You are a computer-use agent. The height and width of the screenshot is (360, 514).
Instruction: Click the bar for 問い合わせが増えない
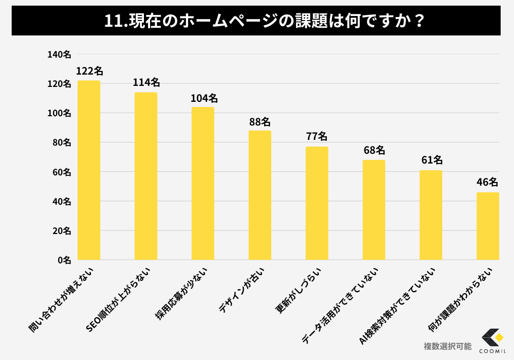point(88,170)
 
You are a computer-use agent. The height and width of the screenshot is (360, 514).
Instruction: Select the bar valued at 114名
point(145,176)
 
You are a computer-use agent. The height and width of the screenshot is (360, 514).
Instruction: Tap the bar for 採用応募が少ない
point(203,183)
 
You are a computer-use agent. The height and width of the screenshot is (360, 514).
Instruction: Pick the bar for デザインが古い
point(260,195)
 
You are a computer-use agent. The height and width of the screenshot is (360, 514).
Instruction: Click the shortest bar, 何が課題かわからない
point(487,226)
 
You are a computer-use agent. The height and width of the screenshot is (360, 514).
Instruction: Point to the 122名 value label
point(89,71)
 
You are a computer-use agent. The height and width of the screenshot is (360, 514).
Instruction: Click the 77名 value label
point(317,137)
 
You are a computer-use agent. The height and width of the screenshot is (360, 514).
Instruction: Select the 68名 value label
point(374,150)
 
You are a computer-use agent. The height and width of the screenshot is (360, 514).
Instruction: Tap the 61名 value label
point(431,160)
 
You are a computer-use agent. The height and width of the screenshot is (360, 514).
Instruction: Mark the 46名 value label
point(487,183)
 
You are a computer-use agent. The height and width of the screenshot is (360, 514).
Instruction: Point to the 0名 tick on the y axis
point(65,260)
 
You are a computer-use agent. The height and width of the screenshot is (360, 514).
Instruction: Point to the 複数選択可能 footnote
point(447,346)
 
